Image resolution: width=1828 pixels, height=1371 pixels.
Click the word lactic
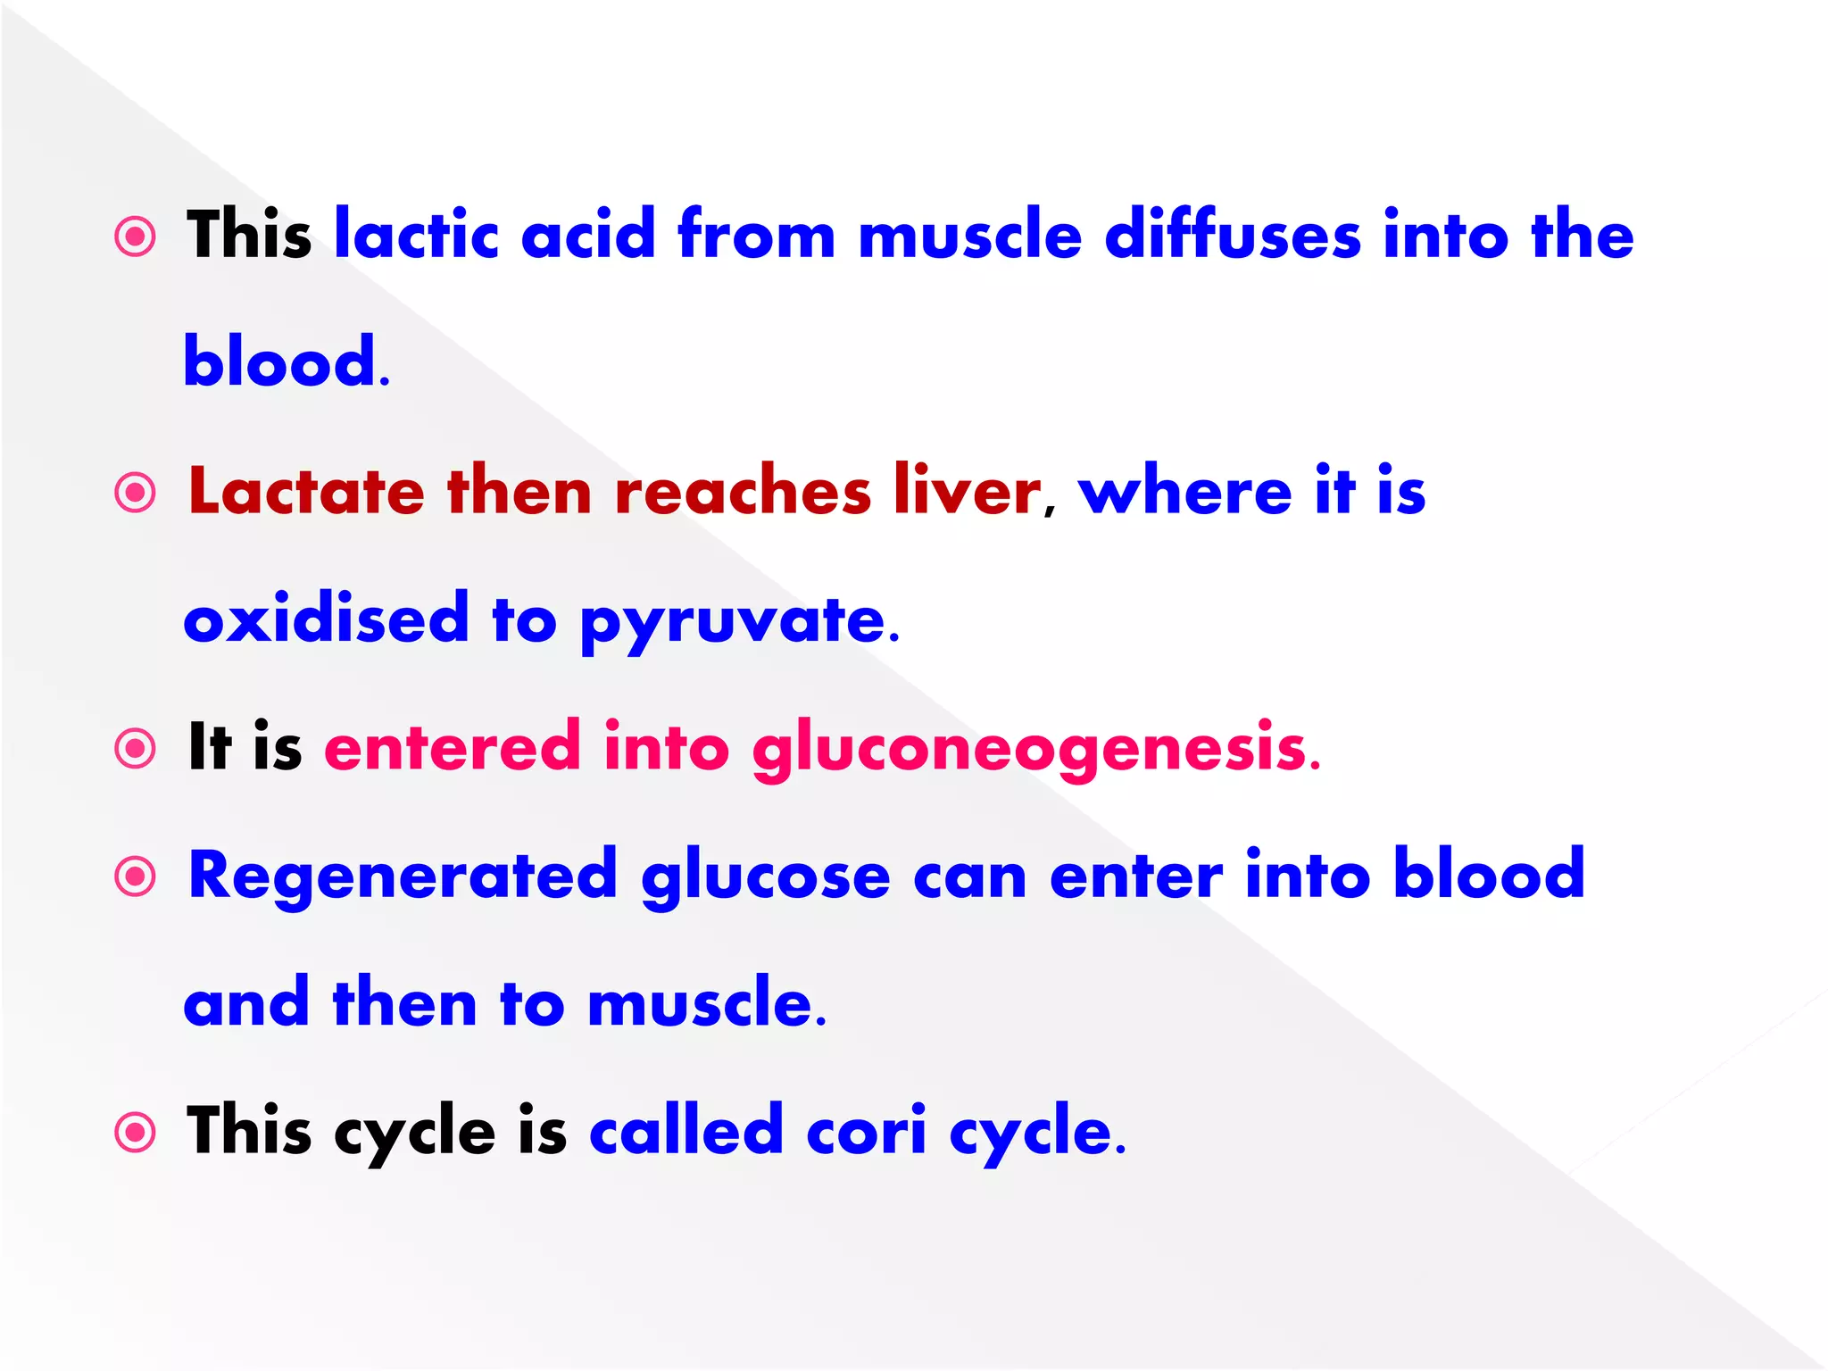(x=416, y=235)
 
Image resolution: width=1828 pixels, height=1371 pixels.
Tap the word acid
(x=588, y=235)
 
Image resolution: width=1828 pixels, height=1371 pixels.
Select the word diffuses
(x=1233, y=235)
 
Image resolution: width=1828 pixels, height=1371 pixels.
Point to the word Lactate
(x=306, y=491)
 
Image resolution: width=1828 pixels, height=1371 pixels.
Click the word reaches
(x=743, y=491)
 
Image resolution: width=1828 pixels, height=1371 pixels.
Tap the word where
(x=1184, y=491)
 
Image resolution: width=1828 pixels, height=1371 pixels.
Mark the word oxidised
(x=326, y=618)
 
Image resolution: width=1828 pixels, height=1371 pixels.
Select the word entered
(x=453, y=746)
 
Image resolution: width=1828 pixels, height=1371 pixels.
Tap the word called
(x=686, y=1131)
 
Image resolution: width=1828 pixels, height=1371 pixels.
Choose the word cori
(x=866, y=1131)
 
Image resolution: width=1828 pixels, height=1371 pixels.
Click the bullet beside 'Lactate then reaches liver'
(x=136, y=492)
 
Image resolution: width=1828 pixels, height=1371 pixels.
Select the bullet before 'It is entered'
(x=136, y=748)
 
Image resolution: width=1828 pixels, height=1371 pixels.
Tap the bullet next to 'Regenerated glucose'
(x=136, y=877)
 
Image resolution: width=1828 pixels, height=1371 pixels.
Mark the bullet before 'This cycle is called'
(x=136, y=1133)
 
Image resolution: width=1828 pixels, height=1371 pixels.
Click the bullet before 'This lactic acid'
(x=136, y=237)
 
